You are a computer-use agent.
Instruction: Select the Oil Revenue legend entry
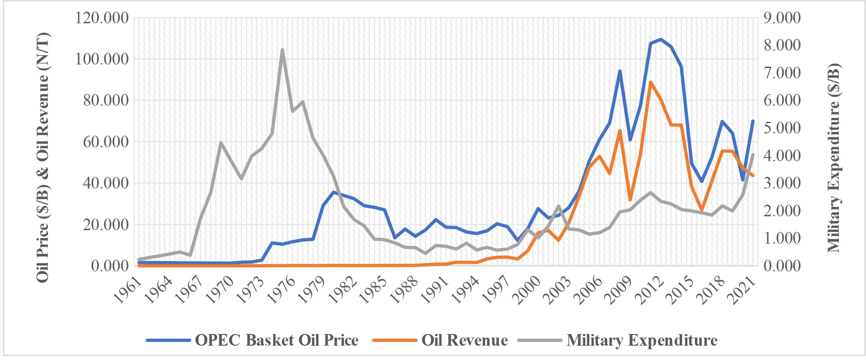[x=440, y=340]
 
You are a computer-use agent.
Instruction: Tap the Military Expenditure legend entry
[x=618, y=340]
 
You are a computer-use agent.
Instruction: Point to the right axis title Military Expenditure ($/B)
[x=834, y=158]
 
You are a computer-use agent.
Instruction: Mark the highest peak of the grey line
[x=282, y=50]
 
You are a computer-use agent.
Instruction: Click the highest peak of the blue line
[x=660, y=39]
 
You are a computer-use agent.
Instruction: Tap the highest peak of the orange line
[x=650, y=82]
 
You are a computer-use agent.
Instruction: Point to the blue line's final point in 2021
[x=753, y=121]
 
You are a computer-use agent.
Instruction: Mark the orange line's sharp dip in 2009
[x=630, y=200]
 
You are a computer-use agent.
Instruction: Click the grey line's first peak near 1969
[x=221, y=143]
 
